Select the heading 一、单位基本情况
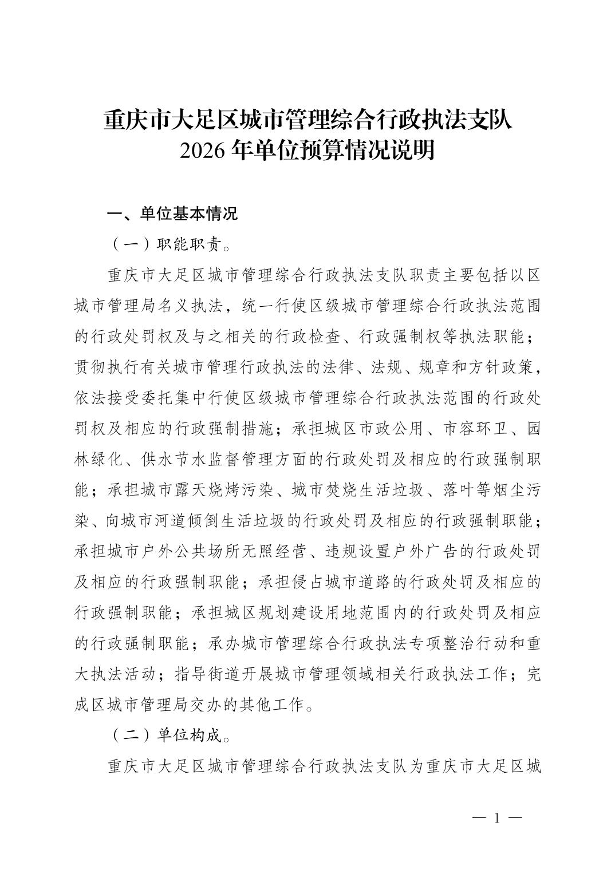coord(172,214)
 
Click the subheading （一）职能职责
coord(169,244)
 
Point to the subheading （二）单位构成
coord(169,735)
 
